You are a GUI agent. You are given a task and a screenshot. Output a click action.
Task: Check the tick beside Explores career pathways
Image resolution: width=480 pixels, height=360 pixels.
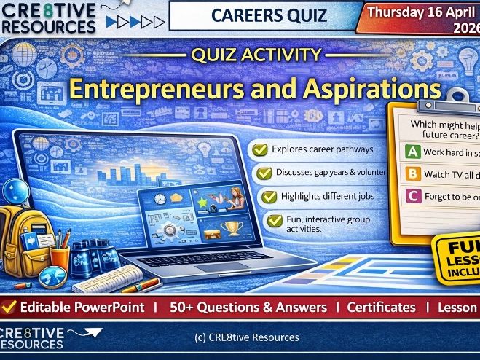[258, 150]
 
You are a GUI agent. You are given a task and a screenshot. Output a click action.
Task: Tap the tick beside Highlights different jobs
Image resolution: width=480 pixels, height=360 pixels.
[269, 197]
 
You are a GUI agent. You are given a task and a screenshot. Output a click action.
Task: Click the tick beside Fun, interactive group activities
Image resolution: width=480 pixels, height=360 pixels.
[275, 219]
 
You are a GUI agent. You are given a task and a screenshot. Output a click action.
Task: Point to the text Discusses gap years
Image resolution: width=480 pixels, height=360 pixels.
[311, 173]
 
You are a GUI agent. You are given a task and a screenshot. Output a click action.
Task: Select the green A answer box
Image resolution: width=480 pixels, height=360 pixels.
[412, 152]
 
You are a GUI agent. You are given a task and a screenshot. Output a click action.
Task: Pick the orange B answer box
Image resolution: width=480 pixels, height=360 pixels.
[412, 174]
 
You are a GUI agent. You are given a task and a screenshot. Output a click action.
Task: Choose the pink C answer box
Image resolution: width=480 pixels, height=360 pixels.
[412, 195]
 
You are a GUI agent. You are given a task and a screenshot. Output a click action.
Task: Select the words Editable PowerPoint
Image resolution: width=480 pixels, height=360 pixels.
[82, 307]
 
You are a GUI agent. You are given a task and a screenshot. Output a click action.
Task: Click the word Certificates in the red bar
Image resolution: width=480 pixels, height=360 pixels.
[381, 307]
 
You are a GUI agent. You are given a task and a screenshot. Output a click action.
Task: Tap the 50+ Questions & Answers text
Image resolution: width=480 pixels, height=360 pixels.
[247, 307]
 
